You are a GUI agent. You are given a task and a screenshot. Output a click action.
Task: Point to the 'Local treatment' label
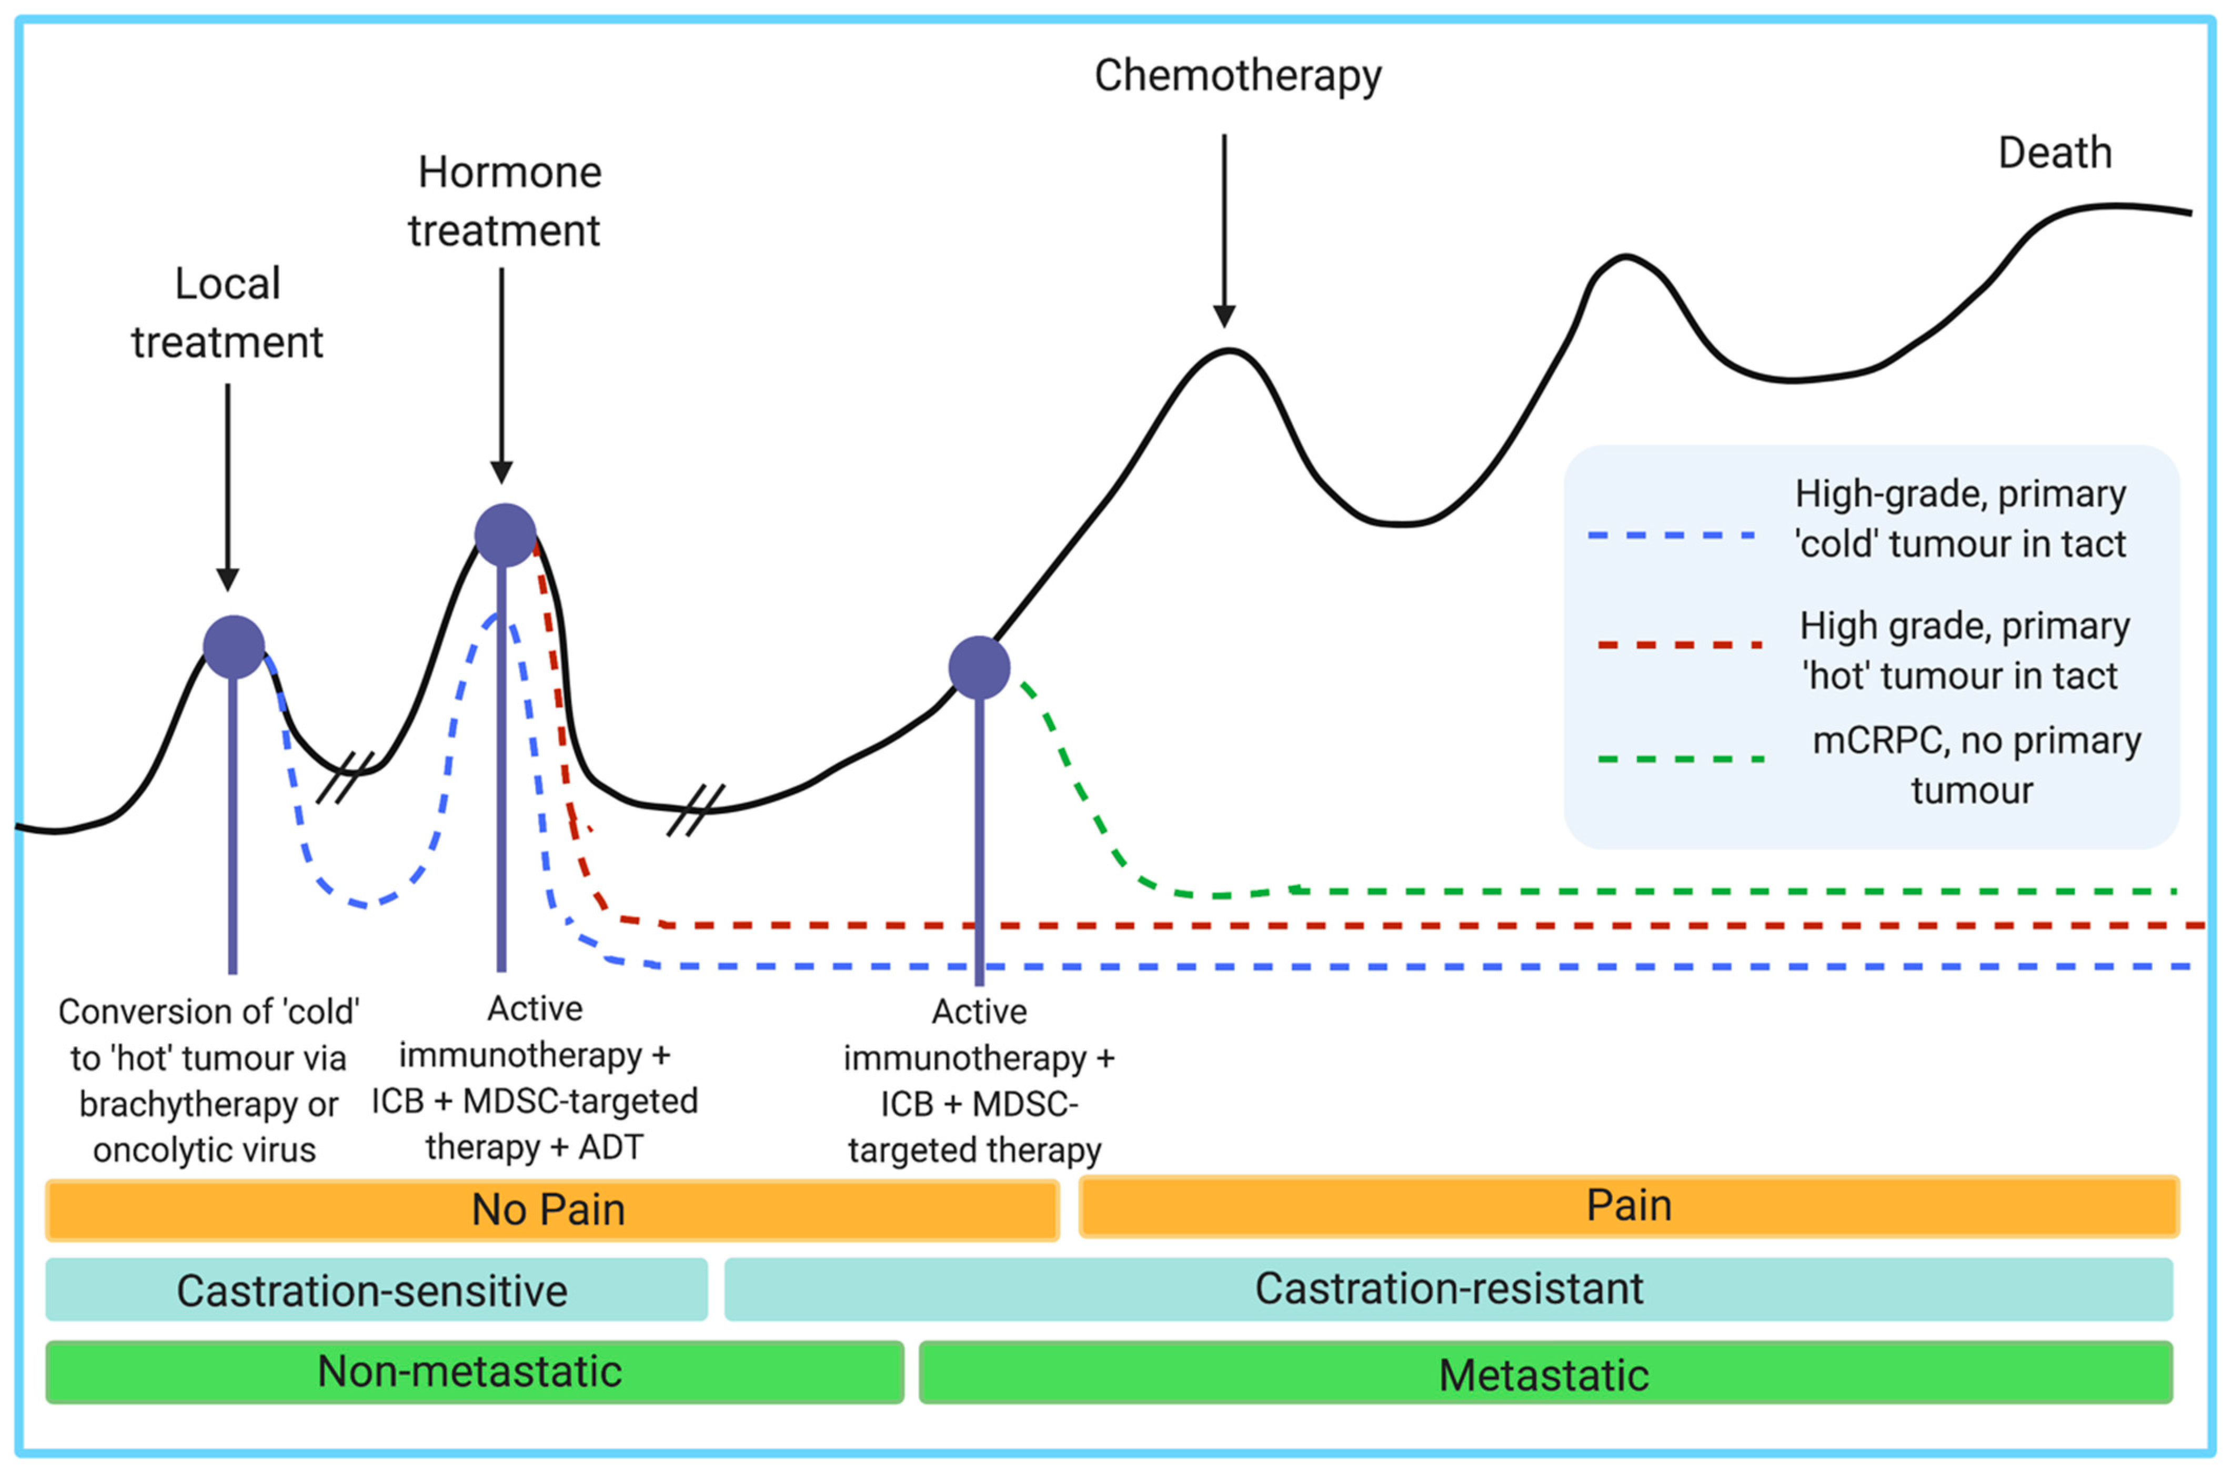coord(228,312)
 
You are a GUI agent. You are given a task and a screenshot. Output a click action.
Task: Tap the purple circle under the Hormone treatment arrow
coord(505,534)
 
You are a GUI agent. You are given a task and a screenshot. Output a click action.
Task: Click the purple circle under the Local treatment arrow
coord(233,647)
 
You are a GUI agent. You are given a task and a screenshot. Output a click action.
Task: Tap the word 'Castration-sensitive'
coord(373,1291)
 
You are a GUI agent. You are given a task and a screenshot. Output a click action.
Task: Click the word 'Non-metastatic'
coord(469,1371)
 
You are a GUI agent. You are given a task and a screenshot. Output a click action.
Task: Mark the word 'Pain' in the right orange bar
coord(1629,1206)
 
